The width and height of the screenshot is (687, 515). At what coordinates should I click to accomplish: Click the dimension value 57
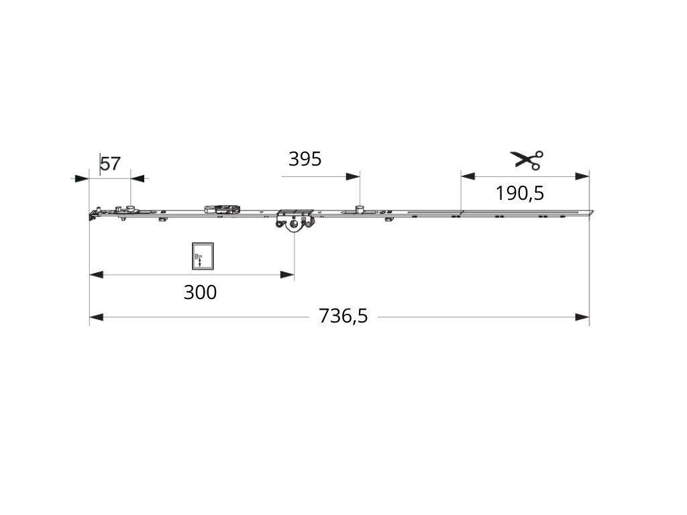click(x=111, y=164)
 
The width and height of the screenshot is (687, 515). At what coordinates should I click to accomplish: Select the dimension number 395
click(x=305, y=159)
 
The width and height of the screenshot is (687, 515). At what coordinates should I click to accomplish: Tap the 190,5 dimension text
click(x=520, y=193)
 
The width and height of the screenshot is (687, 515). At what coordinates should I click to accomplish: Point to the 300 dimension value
click(x=200, y=292)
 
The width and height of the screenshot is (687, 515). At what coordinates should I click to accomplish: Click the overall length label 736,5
click(x=343, y=316)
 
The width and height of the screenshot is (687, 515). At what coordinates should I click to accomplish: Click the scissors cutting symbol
click(x=527, y=160)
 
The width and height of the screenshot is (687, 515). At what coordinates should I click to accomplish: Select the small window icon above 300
click(x=203, y=256)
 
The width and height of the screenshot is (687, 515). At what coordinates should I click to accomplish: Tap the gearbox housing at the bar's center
click(x=295, y=219)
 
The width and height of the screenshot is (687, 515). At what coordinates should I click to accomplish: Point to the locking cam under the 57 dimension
click(x=130, y=208)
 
